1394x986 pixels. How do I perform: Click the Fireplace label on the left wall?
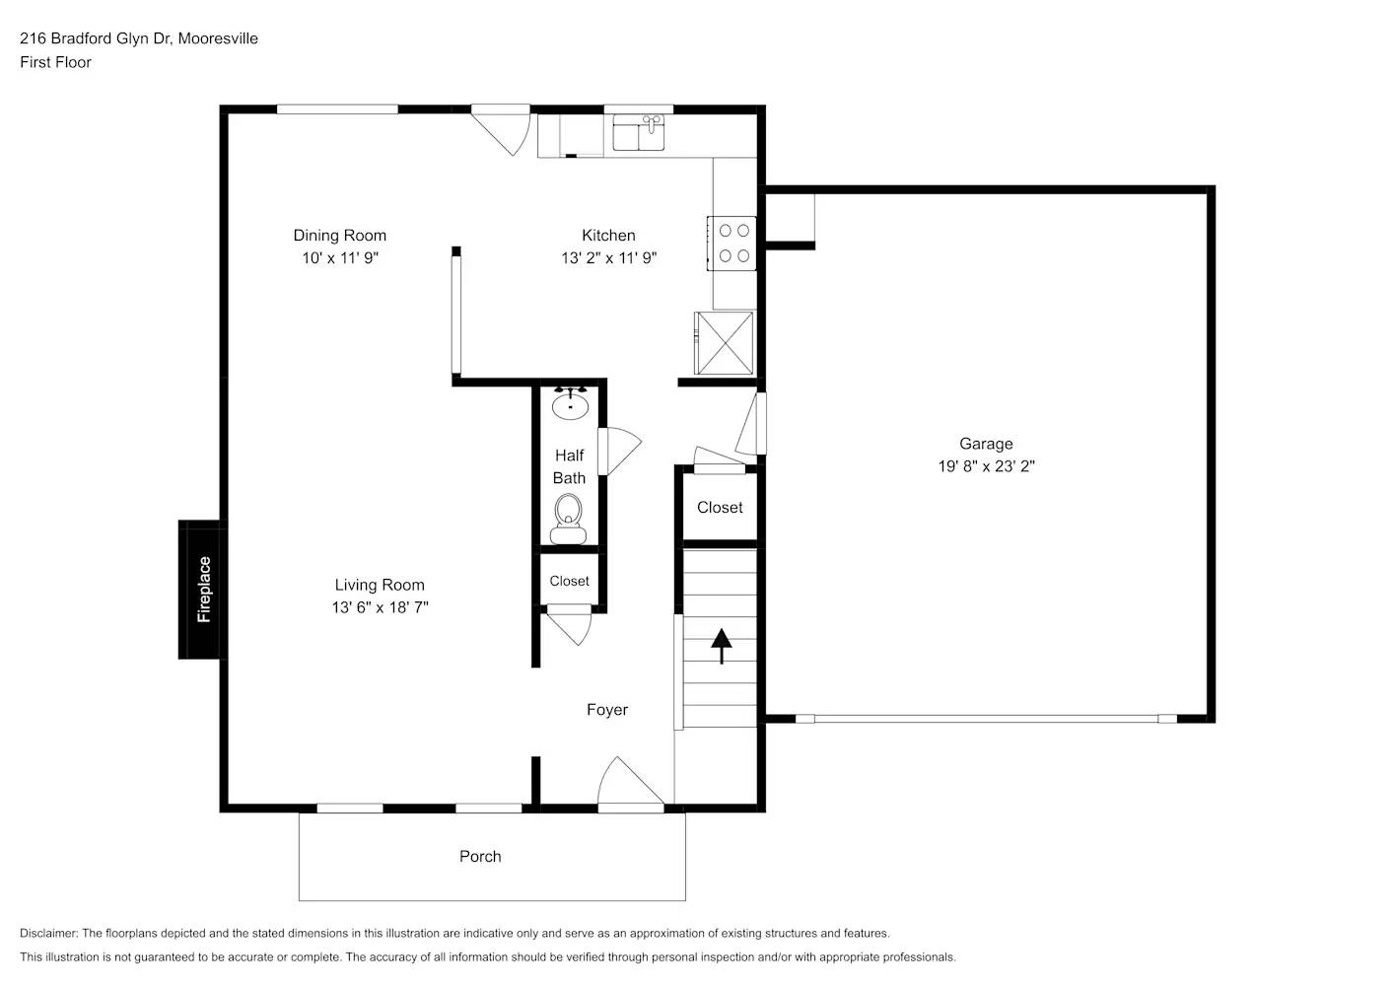pos(204,590)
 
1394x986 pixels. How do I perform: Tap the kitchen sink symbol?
pos(639,132)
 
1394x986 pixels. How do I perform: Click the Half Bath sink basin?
pos(570,403)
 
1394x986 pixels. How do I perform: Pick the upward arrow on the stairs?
pos(722,646)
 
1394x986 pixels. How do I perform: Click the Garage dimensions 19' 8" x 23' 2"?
pos(986,466)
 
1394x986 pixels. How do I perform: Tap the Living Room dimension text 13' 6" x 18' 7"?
pos(380,607)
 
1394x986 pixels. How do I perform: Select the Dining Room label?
pos(339,235)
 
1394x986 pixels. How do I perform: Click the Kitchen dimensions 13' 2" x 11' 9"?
pos(608,258)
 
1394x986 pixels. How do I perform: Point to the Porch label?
pos(480,856)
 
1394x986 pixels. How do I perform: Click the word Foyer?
pos(606,709)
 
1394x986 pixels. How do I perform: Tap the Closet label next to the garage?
pos(720,507)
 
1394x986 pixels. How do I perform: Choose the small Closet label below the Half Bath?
pos(569,581)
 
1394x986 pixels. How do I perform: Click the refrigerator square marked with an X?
pos(725,342)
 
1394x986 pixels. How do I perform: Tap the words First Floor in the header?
pos(55,62)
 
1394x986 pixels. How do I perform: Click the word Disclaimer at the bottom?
pos(47,933)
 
